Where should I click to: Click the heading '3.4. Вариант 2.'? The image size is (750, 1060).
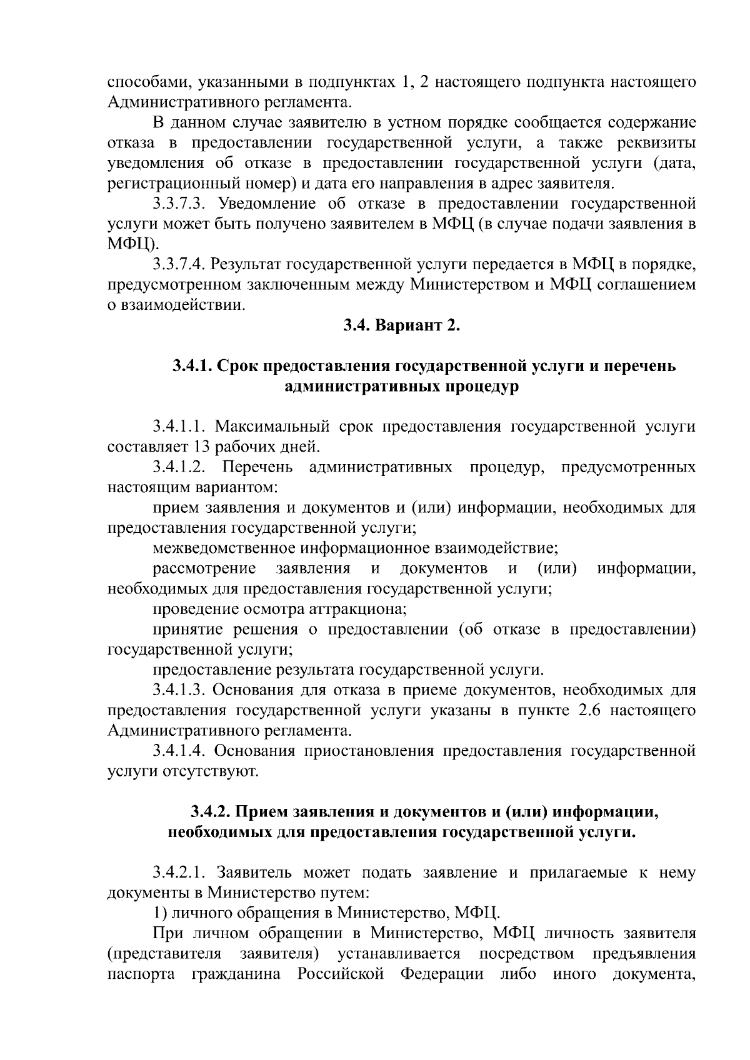(x=401, y=325)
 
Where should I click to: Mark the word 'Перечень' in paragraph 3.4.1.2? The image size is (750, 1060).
(x=257, y=467)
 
